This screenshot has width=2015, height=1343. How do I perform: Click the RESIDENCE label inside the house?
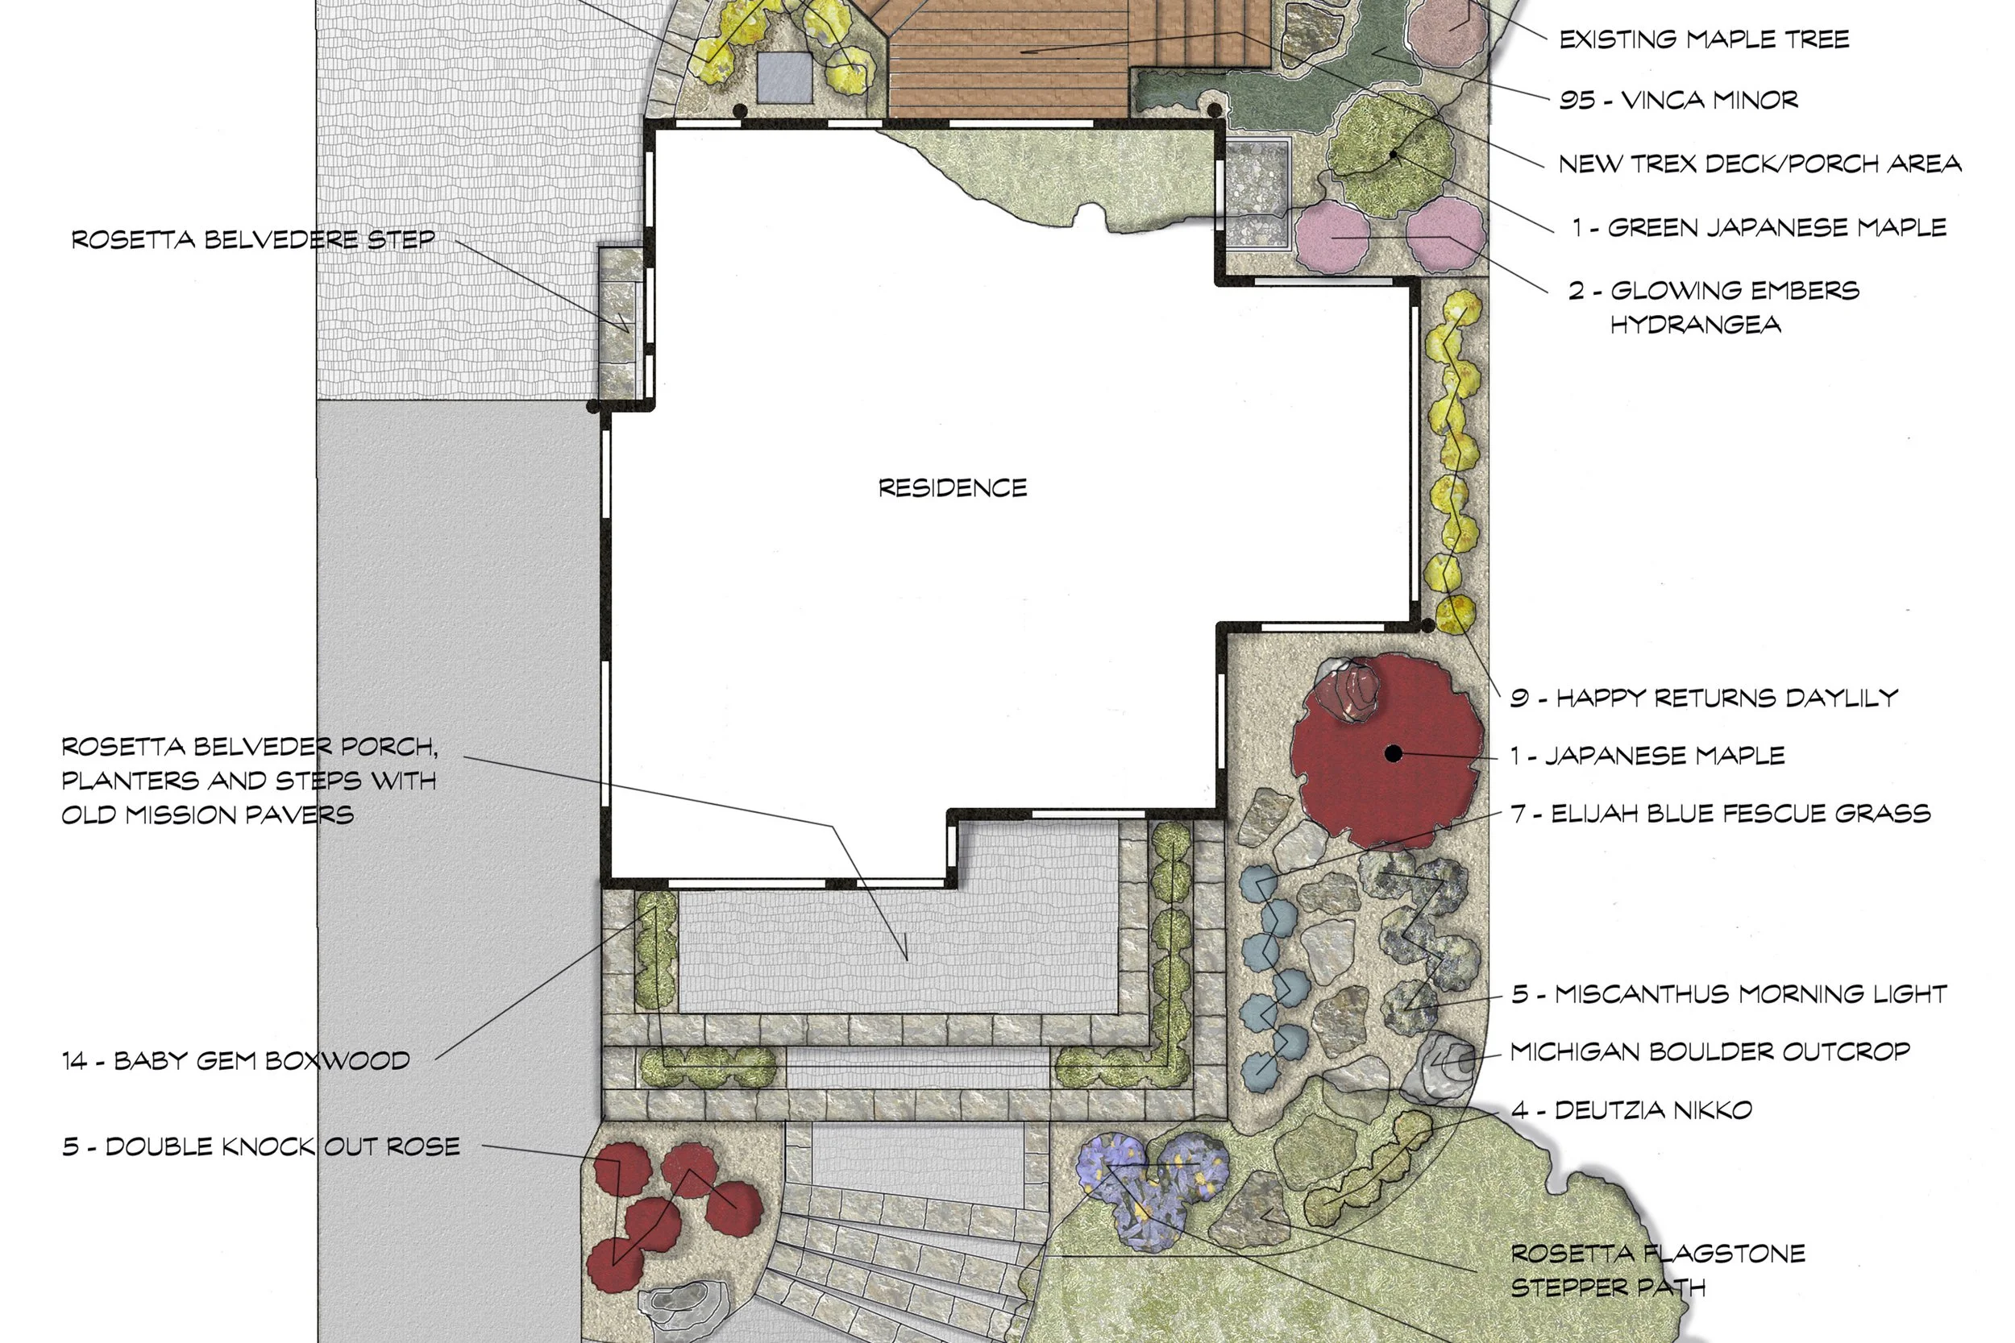click(952, 488)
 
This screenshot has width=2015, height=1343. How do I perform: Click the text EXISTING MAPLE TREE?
click(1703, 39)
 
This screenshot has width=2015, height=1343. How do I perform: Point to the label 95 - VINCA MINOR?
click(1677, 100)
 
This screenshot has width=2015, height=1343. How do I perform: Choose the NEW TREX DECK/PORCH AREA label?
click(1759, 164)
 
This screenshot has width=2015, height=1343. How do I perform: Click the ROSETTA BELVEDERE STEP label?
click(253, 240)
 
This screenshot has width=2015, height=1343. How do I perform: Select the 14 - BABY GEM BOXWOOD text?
click(235, 1060)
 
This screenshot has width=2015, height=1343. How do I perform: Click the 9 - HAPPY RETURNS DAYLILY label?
click(1703, 698)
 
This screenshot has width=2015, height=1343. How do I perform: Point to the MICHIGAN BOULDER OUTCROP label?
click(1710, 1052)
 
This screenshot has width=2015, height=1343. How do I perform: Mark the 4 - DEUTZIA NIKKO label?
click(1631, 1110)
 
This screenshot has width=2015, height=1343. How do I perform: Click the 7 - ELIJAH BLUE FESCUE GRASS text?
click(1720, 814)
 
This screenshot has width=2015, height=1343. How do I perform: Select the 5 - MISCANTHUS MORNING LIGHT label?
click(1729, 993)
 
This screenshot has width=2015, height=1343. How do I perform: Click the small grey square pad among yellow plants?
click(784, 77)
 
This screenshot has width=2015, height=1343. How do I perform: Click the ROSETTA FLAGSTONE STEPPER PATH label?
click(1658, 1270)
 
